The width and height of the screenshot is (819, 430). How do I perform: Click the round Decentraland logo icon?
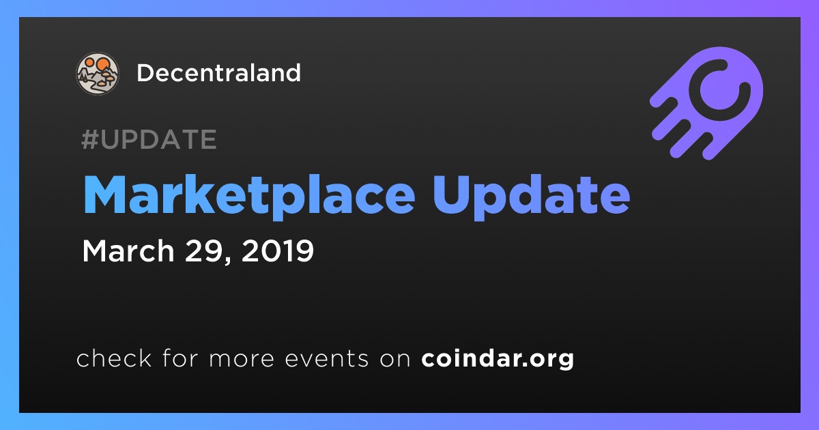point(97,74)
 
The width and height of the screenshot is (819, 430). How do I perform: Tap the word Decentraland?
point(218,73)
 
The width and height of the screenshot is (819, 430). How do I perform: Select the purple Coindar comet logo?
point(706,103)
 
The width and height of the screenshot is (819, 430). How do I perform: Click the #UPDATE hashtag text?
point(149,139)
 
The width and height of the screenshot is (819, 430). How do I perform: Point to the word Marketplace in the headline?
point(249,195)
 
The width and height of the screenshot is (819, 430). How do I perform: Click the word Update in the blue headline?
point(531,195)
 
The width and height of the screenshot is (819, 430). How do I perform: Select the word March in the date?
point(128,251)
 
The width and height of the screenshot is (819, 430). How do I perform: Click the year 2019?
point(278,251)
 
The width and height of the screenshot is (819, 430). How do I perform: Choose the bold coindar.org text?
point(498,359)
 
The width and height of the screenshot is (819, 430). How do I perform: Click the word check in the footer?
point(114,358)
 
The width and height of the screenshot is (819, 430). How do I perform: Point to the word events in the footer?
point(327,359)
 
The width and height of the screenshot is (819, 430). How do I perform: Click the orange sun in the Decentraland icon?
point(102,64)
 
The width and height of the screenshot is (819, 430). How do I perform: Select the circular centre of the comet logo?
point(719,90)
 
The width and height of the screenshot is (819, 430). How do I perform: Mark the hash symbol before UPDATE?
point(90,139)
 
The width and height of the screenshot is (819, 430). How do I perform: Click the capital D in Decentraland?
point(146,73)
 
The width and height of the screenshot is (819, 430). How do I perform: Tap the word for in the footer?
point(180,358)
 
